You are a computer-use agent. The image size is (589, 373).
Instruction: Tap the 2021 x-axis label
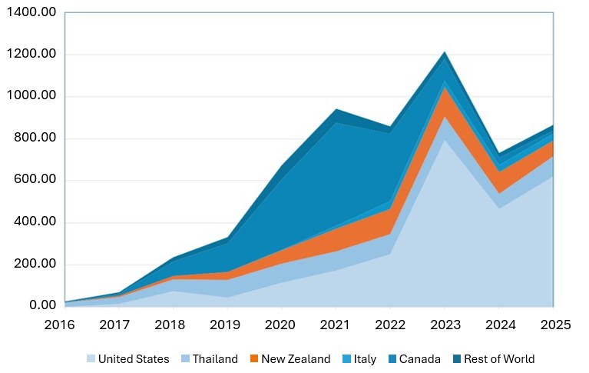click(x=336, y=325)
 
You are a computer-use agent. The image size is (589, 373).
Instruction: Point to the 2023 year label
click(x=444, y=325)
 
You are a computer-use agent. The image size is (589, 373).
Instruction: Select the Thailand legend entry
click(x=216, y=359)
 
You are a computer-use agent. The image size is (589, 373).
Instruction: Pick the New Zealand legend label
click(x=296, y=359)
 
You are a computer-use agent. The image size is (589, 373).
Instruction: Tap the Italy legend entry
click(x=366, y=359)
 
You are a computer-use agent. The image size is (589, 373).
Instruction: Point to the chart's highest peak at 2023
click(x=444, y=52)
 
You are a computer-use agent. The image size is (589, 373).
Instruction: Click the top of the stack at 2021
click(x=336, y=109)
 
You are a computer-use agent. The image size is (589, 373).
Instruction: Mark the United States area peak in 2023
click(x=444, y=140)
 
